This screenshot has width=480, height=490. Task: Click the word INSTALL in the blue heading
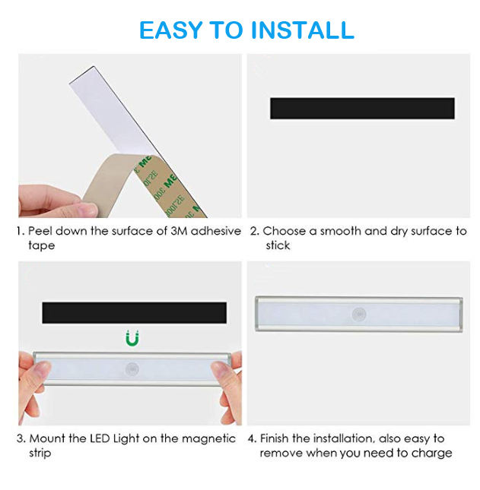coord(302,30)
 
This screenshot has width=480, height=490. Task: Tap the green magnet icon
coord(132,338)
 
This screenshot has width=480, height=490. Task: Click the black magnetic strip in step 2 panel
coord(362,108)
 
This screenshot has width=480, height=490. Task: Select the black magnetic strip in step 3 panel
coord(134,312)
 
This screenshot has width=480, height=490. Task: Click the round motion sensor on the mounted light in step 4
coord(359,314)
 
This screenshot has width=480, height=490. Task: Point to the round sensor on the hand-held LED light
coord(132,369)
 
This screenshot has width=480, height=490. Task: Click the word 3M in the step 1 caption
coord(179,231)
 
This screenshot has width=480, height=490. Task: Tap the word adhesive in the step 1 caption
coord(216,231)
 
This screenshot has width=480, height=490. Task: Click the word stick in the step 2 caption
coord(278,245)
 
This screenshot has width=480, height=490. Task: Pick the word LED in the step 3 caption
coord(100,438)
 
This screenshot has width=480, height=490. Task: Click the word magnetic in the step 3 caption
coord(208,439)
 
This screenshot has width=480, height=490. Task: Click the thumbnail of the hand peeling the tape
coord(130,136)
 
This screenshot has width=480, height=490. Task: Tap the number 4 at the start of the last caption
coord(252,438)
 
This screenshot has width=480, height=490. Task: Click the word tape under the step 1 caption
coord(41,245)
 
